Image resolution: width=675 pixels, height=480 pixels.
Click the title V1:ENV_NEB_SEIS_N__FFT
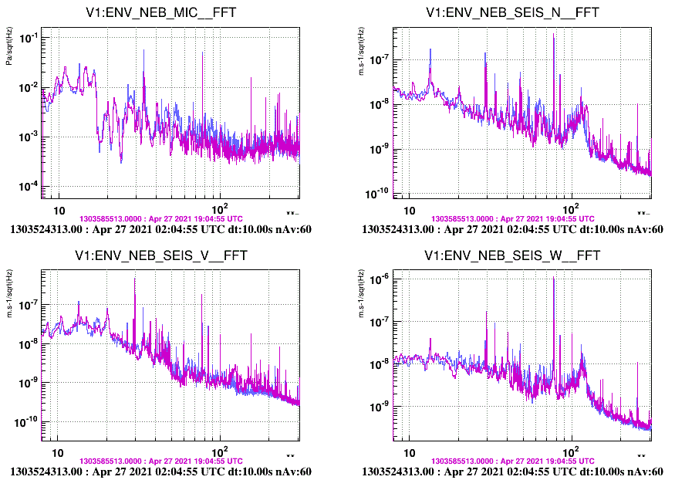click(x=512, y=13)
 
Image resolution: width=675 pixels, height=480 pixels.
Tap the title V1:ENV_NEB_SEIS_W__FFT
click(x=512, y=255)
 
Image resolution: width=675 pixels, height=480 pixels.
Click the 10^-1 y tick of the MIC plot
click(x=25, y=38)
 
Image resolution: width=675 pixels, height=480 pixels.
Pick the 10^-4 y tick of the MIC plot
click(x=25, y=187)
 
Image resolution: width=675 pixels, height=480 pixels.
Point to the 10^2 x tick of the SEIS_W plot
click(x=572, y=452)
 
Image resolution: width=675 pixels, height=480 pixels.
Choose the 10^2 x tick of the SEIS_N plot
click(x=572, y=210)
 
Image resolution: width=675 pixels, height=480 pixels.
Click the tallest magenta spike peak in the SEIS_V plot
click(x=135, y=279)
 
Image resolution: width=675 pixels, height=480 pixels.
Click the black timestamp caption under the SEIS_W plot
click(x=512, y=471)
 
